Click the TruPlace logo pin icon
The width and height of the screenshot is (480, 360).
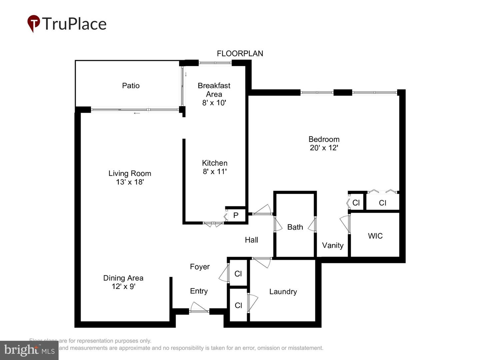coord(33,23)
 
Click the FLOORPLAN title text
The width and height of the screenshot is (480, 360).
coord(240,53)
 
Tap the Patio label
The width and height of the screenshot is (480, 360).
coord(131,86)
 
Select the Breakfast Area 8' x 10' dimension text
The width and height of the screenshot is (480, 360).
coord(214,103)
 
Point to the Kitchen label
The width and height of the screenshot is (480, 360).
coord(215,163)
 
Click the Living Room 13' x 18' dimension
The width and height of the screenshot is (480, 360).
coord(130,182)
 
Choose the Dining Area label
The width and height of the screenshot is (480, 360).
coord(123,278)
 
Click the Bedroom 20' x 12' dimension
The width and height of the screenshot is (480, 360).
coord(324,148)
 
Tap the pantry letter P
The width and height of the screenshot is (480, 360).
coord(236,215)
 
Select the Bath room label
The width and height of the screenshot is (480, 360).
coord(295,227)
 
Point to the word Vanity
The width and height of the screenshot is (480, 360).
coord(333,245)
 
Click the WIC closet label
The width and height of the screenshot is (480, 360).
coord(375,236)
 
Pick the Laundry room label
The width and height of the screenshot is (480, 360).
coord(283,292)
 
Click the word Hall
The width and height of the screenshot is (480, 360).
coord(251,240)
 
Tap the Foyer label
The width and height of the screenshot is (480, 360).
coord(200,267)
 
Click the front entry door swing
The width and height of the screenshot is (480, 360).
coord(199,307)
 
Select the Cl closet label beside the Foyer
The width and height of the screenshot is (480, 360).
coord(238,274)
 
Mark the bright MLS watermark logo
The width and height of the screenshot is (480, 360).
coord(29,350)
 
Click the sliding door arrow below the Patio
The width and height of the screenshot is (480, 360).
coord(137,113)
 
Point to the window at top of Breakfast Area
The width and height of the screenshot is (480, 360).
coord(215,63)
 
